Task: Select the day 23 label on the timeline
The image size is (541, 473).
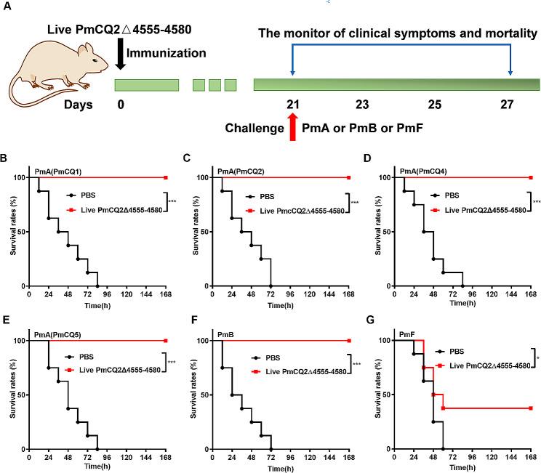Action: coord(362,105)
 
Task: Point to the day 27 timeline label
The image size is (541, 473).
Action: coord(508,105)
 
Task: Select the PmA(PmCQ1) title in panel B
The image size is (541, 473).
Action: coord(57,172)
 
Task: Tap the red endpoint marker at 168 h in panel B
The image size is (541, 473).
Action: coord(166,177)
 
